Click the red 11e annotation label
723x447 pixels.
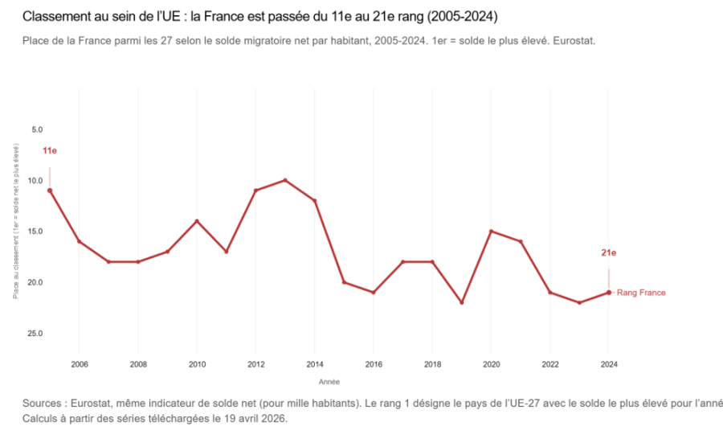point(50,150)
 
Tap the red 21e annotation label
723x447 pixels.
point(609,253)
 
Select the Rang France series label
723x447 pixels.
point(641,293)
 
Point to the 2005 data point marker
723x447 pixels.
point(50,191)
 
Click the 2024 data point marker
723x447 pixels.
point(609,293)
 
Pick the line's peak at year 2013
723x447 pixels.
point(285,180)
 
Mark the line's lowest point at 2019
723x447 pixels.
point(462,302)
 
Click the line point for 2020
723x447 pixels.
point(491,232)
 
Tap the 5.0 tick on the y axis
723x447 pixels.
point(37,129)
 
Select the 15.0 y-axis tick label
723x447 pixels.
point(35,232)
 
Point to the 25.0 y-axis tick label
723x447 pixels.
point(35,334)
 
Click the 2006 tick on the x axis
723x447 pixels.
point(79,363)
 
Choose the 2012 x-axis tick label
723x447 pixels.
point(255,363)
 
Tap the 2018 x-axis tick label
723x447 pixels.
point(432,363)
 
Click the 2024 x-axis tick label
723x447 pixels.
point(609,363)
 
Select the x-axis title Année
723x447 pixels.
point(329,382)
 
